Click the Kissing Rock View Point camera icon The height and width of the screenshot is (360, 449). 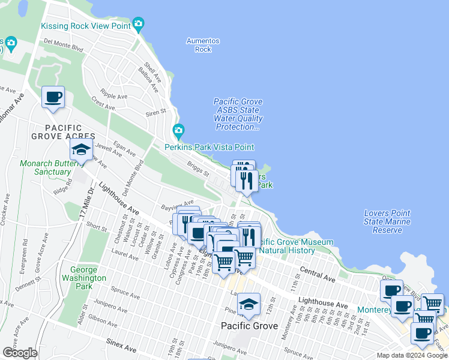point(139,25)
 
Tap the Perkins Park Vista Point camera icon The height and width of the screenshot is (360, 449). point(178,131)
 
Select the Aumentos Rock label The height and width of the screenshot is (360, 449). point(203,45)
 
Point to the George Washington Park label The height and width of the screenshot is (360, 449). point(88,278)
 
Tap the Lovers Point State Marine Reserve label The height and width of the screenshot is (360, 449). point(387,221)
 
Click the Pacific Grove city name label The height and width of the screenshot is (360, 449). point(249,326)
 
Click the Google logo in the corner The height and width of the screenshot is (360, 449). point(20,353)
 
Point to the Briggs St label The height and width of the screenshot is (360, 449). point(197,170)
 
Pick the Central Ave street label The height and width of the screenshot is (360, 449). point(317,275)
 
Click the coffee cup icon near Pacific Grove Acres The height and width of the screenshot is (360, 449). point(53,97)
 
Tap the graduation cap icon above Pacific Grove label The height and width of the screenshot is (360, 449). point(249,304)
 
